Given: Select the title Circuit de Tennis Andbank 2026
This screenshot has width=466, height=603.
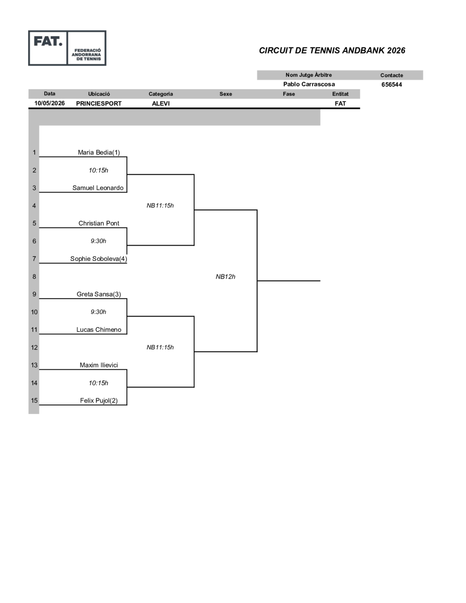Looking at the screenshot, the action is [332, 50].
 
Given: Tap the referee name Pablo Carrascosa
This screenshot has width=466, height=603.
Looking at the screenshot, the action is [309, 85].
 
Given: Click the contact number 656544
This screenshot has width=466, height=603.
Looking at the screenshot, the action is [392, 85].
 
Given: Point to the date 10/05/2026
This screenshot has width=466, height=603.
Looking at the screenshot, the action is [49, 103].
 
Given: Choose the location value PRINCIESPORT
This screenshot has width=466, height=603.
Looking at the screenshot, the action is [99, 104].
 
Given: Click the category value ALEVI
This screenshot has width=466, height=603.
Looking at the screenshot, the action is [161, 104].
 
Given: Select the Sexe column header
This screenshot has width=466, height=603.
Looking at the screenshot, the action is [226, 94].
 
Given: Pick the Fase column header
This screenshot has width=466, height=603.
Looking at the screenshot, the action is [289, 94].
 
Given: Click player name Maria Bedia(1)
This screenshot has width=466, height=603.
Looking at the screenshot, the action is [99, 152].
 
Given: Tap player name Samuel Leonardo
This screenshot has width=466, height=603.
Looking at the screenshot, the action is [98, 188].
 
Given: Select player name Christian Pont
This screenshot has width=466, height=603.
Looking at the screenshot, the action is [99, 223].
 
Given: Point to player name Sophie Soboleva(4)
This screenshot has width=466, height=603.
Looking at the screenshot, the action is [98, 259].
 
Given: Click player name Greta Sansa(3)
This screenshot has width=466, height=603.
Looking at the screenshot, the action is [99, 294].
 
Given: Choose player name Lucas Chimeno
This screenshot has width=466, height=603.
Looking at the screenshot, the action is [99, 330].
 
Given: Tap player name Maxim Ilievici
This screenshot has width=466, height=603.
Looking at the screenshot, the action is [99, 365].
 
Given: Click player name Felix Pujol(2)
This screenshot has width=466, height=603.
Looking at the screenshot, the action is [99, 401].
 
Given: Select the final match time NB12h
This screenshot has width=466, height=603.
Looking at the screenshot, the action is [225, 276].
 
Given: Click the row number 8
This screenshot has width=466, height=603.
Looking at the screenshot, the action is [34, 276].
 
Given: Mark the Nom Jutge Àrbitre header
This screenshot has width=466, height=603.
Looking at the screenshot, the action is [309, 75].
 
